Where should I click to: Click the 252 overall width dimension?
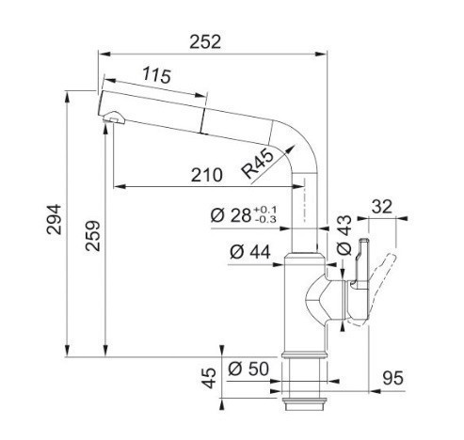(205, 41)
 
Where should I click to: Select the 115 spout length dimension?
(157, 75)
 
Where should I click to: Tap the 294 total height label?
(54, 219)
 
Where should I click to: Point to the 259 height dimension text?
(93, 236)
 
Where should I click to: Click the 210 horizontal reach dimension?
(207, 175)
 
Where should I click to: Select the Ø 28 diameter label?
(231, 215)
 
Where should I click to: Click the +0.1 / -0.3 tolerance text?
(265, 214)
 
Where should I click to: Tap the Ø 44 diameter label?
(250, 252)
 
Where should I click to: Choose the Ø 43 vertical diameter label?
(344, 235)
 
